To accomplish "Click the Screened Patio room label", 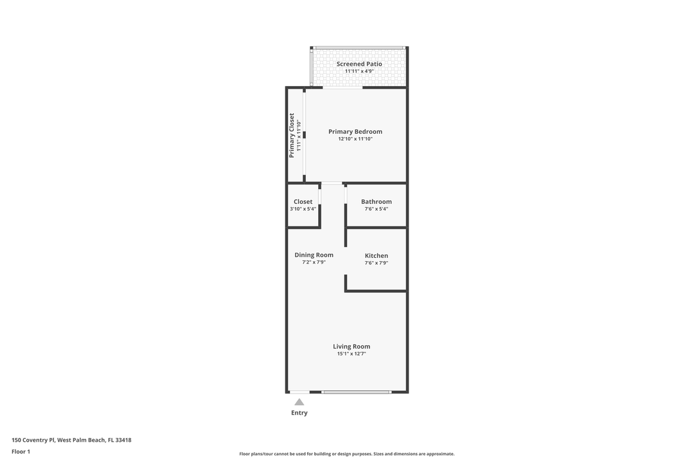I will click(359, 64).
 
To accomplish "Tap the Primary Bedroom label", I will click(355, 132).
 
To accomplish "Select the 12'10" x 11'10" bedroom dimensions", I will click(355, 139).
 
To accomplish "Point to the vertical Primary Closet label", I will click(292, 135).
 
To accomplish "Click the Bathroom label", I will click(376, 202).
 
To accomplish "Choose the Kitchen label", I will click(376, 256).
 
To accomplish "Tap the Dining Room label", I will click(314, 255).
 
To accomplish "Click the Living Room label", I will click(351, 347).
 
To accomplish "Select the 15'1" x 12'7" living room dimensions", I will click(351, 354).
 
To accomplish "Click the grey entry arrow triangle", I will click(299, 402).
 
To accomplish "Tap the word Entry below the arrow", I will click(299, 413).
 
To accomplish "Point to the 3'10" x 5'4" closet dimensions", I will click(303, 209).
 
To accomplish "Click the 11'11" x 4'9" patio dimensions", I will click(359, 71).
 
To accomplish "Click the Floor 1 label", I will click(21, 451).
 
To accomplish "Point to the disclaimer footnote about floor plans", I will click(346, 454).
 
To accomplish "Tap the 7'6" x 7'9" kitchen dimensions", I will click(376, 263).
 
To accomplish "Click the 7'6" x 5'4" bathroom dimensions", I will click(376, 209).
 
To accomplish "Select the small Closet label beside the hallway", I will click(303, 202).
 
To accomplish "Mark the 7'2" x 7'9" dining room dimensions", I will click(314, 262).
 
